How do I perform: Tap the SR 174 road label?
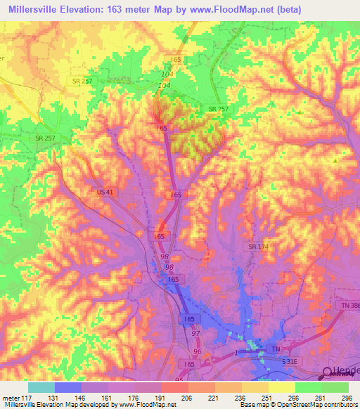259,247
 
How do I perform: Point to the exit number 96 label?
198,351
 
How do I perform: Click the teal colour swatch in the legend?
41,387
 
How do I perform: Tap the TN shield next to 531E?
276,349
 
